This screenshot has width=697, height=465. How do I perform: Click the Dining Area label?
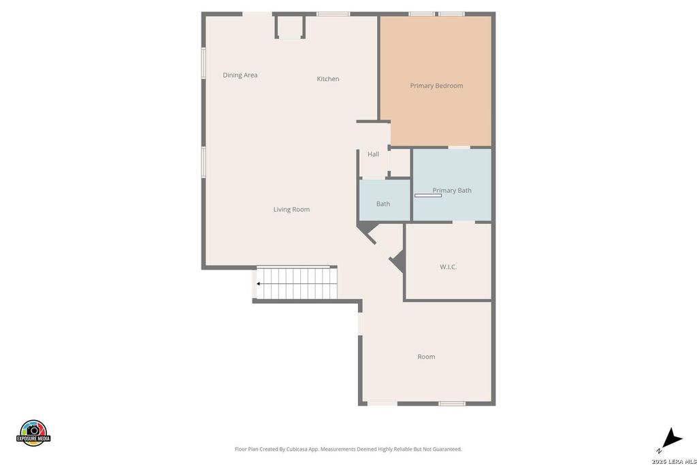pos(240,75)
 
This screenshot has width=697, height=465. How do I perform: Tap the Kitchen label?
pos(328,79)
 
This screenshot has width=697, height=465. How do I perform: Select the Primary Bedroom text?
pos(436,86)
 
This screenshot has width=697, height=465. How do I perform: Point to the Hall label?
pos(374,155)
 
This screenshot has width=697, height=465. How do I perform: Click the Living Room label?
pos(291,210)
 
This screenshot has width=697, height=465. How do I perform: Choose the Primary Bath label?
pos(452,190)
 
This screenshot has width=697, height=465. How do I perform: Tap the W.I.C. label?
pos(448,267)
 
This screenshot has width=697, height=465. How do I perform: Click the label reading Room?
pos(426,357)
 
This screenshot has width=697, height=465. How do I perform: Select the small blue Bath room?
pos(385,200)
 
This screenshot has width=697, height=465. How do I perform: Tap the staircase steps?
pos(297,283)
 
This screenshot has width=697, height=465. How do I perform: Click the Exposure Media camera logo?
pos(33,433)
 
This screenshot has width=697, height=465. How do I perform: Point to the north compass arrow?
pos(671,438)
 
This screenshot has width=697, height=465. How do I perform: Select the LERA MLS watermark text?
pos(673,461)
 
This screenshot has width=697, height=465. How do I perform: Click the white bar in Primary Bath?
pos(428,195)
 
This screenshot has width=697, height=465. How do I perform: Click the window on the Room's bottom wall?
pos(452,404)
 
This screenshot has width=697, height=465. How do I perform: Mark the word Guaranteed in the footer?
pos(449,449)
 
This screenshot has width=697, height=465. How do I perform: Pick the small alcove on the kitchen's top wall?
pos(290,27)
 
